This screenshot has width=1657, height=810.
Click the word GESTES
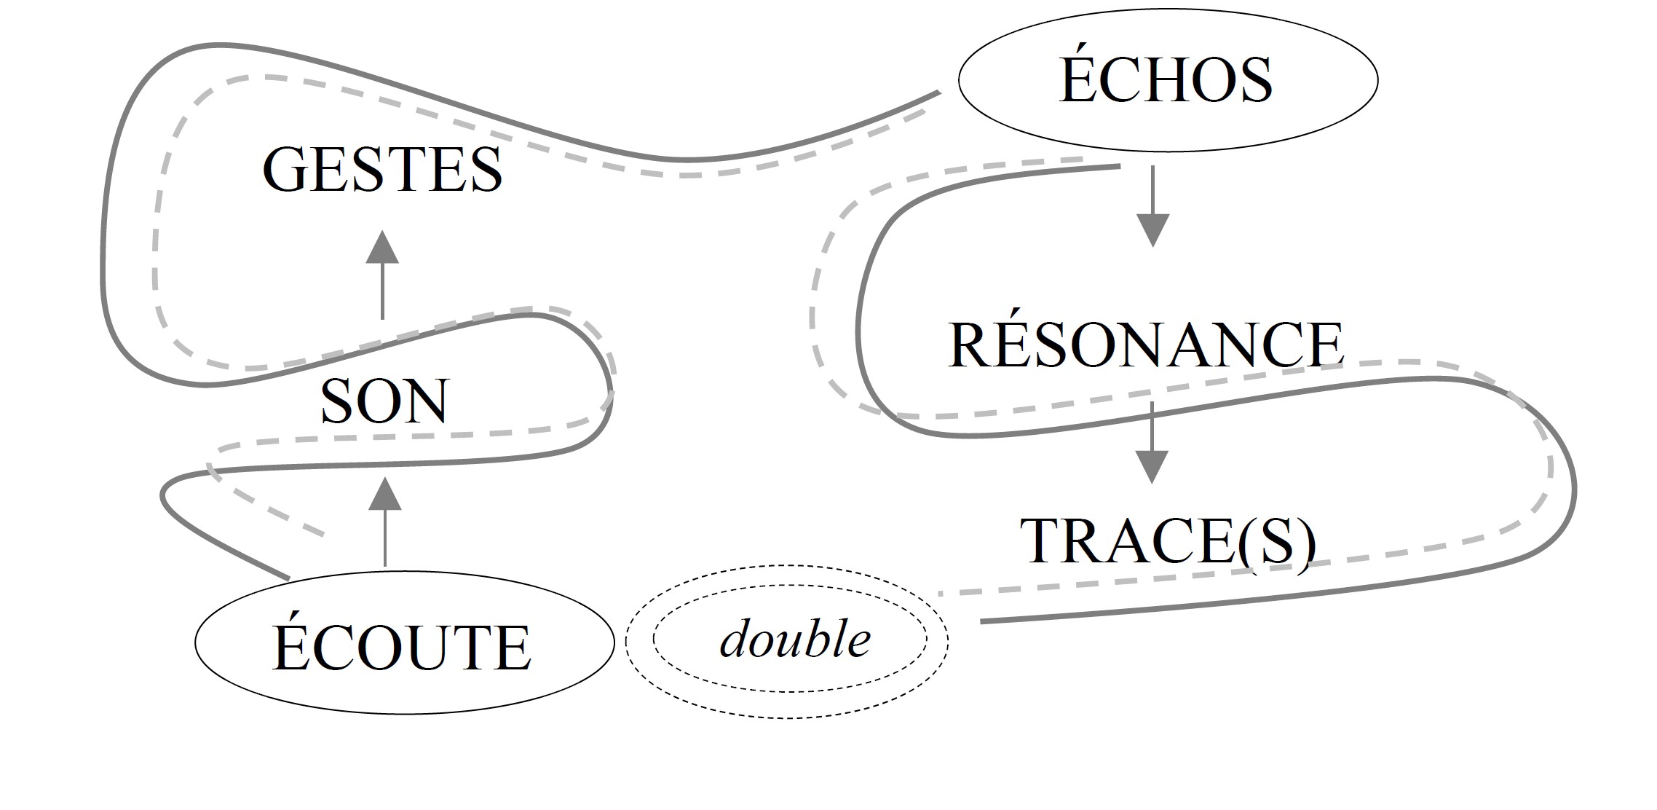coord(382,170)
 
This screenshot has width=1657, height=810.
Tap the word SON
coord(384,401)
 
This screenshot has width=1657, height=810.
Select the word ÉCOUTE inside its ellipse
coord(402,648)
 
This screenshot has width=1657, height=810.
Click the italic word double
coord(795,640)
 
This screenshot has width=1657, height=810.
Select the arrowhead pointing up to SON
coord(385,493)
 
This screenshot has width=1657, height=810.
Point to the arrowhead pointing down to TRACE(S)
coord(1152,466)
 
